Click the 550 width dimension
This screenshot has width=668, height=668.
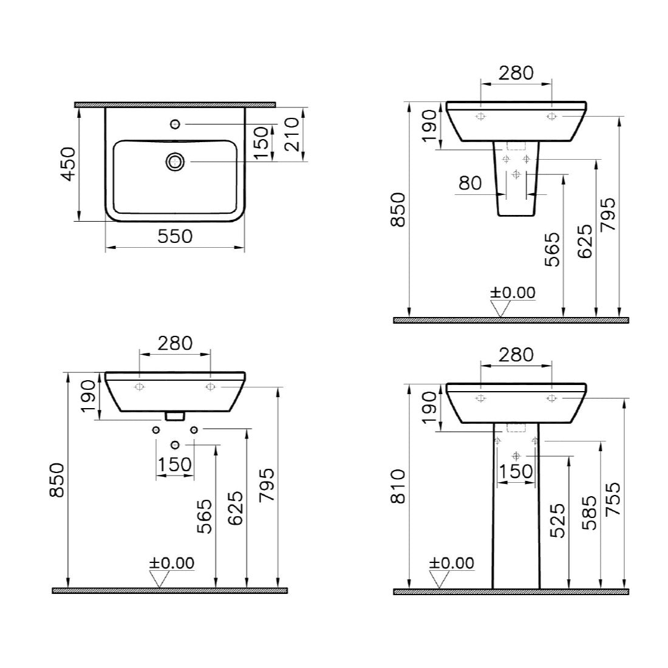pos(175,236)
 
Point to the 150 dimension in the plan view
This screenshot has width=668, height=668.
pos(264,143)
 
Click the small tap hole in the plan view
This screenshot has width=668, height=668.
pos(175,124)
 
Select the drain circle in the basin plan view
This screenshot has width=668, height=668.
pos(175,162)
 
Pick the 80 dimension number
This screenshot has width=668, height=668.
pos(470,183)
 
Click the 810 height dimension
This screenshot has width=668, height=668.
pos(399,486)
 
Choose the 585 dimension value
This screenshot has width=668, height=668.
pos(590,513)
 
